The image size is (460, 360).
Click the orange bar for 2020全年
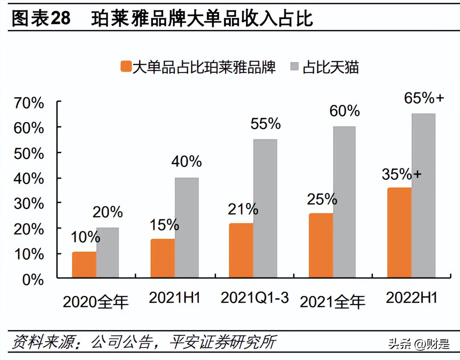point(84,265)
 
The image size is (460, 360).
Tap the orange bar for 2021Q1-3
point(241,251)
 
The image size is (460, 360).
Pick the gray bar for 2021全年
point(344,202)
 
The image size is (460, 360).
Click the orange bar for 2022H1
point(399,233)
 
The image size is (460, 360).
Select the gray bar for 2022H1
point(423,196)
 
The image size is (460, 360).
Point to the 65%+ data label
point(424,98)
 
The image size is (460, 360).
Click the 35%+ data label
point(402,174)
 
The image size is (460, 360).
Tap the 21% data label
point(243,209)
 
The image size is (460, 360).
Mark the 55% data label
point(265,124)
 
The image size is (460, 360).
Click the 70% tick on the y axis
point(29,103)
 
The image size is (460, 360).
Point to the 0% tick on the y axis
point(33,280)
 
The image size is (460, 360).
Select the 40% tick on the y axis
point(29,178)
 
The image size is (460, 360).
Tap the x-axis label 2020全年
point(96,302)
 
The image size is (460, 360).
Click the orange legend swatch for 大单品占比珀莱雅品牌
point(126,67)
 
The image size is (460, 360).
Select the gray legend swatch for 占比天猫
point(294,66)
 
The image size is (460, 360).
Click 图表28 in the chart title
point(41,19)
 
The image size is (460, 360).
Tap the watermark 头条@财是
point(419,344)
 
